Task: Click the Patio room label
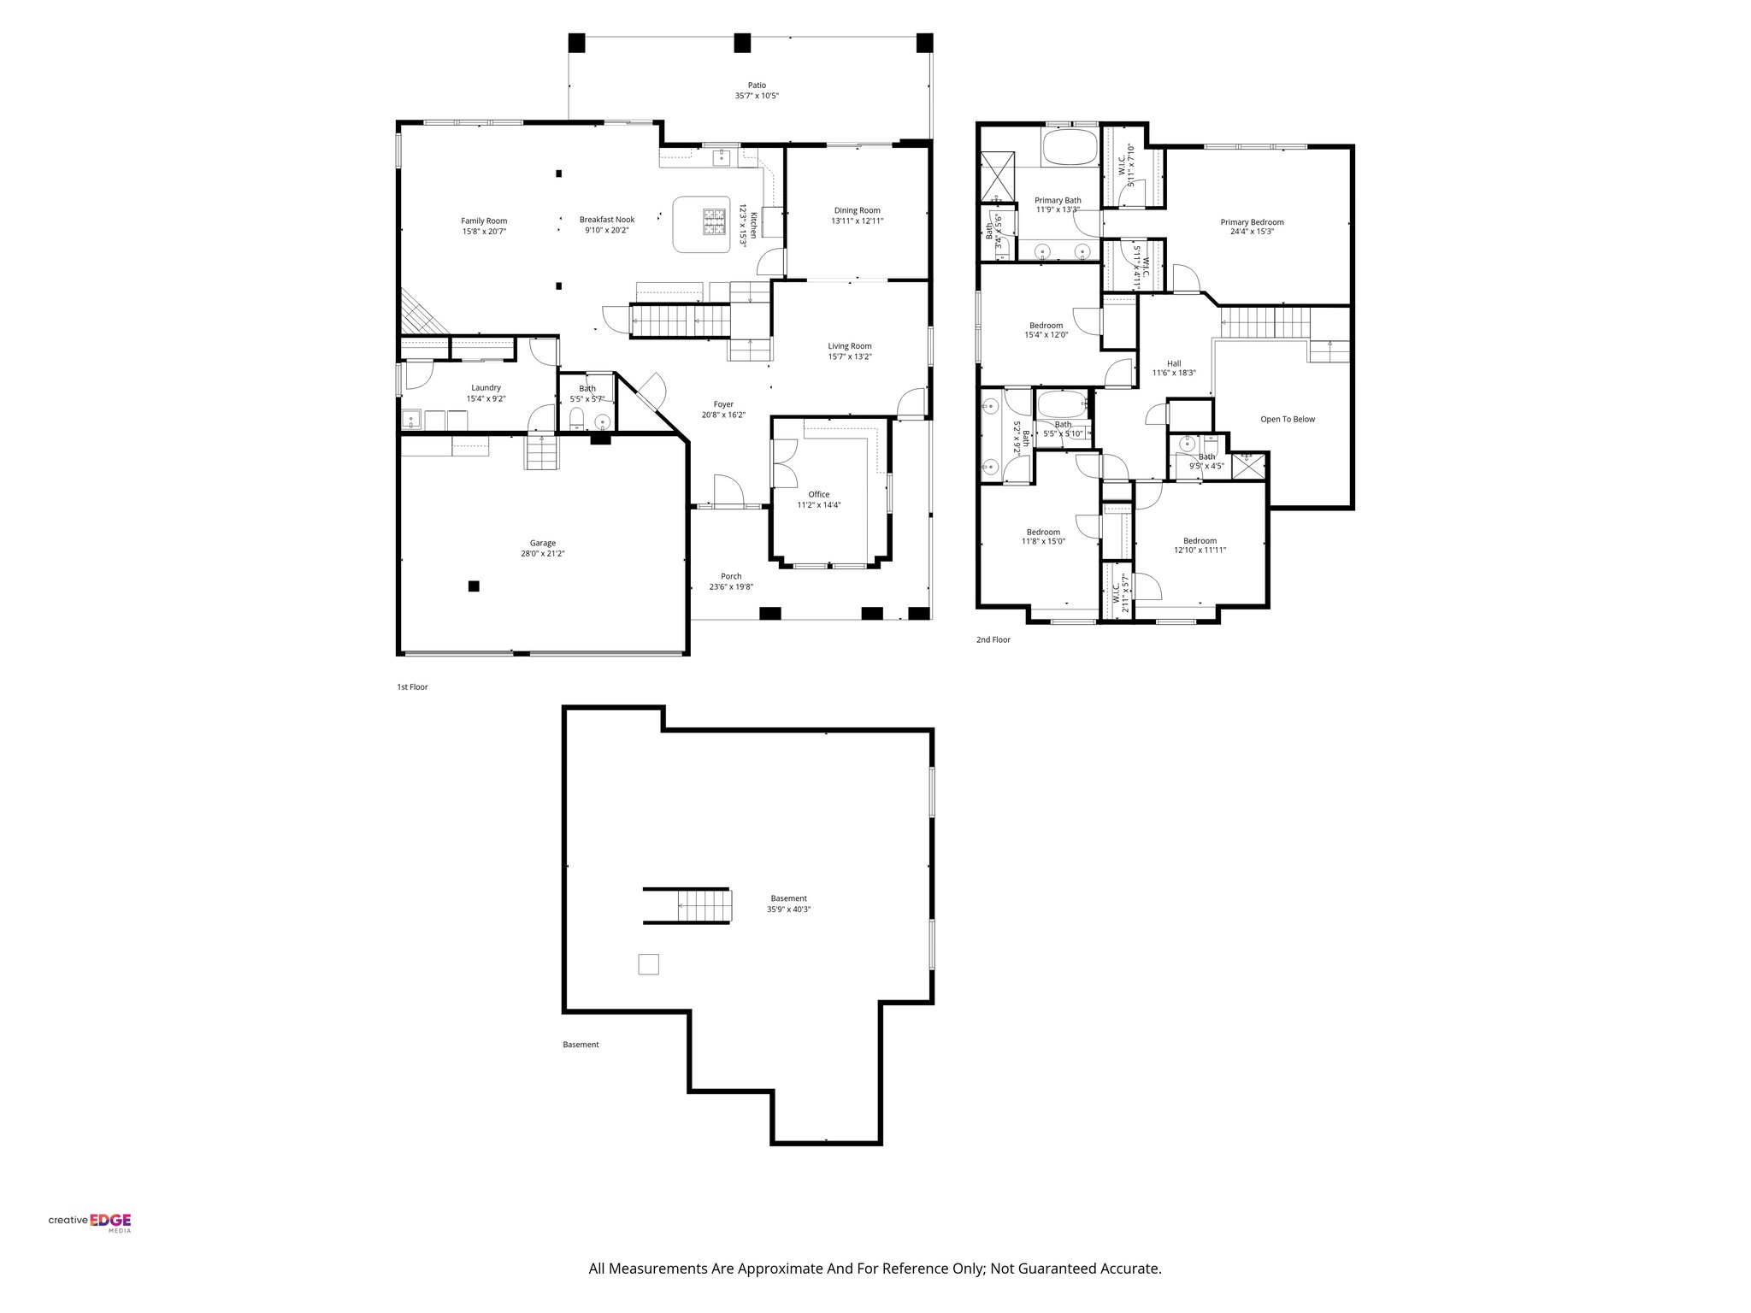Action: pyautogui.click(x=757, y=85)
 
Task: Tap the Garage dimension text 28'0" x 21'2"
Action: pyautogui.click(x=542, y=554)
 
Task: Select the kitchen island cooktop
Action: pyautogui.click(x=713, y=222)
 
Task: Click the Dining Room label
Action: pyautogui.click(x=857, y=210)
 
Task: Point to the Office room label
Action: pyautogui.click(x=818, y=494)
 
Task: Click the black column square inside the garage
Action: pyautogui.click(x=474, y=586)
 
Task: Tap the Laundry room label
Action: pyautogui.click(x=486, y=388)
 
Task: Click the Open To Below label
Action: pyautogui.click(x=1287, y=420)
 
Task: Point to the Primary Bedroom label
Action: pyautogui.click(x=1251, y=222)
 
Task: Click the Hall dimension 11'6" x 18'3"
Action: pyautogui.click(x=1173, y=374)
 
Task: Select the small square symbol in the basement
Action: pyautogui.click(x=649, y=963)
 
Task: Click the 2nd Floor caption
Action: pyautogui.click(x=993, y=639)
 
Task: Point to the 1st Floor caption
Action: pyautogui.click(x=412, y=686)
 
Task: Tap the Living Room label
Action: pyautogui.click(x=849, y=346)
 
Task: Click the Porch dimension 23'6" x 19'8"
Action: pyautogui.click(x=730, y=587)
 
